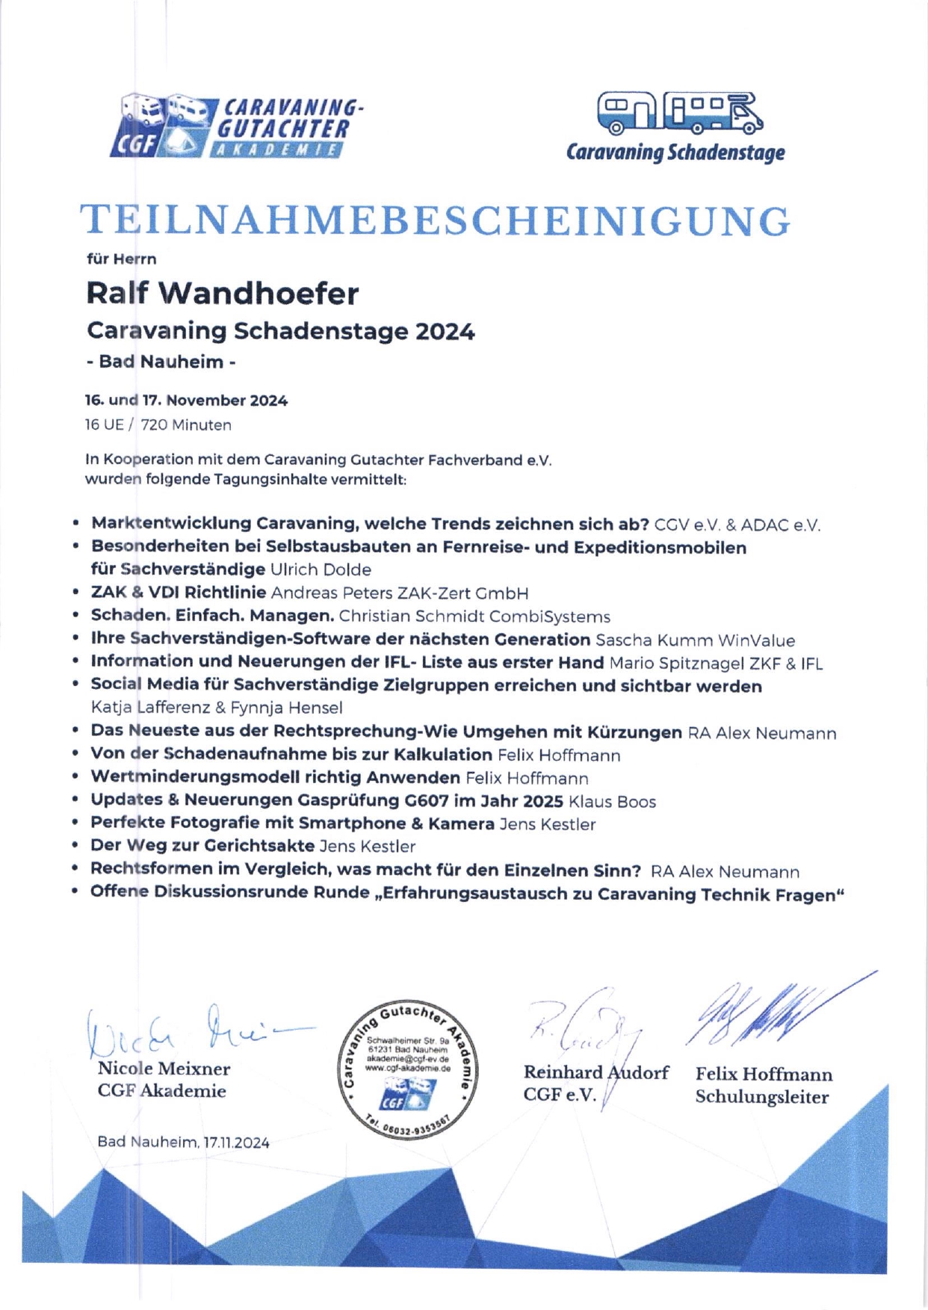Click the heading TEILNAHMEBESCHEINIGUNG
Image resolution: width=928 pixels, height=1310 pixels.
435,221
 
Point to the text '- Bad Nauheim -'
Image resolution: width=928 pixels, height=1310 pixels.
161,362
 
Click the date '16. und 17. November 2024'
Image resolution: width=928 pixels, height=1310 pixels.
186,401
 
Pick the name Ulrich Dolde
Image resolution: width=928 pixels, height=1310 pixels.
321,569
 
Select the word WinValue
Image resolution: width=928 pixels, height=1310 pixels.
756,640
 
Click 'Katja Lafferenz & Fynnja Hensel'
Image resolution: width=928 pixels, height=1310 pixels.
217,707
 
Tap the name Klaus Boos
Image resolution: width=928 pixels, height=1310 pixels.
612,802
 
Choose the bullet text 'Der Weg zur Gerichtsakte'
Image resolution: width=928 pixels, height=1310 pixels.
202,846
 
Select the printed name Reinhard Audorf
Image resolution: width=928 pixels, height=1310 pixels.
596,1072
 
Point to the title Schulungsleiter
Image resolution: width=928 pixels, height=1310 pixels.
761,1097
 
